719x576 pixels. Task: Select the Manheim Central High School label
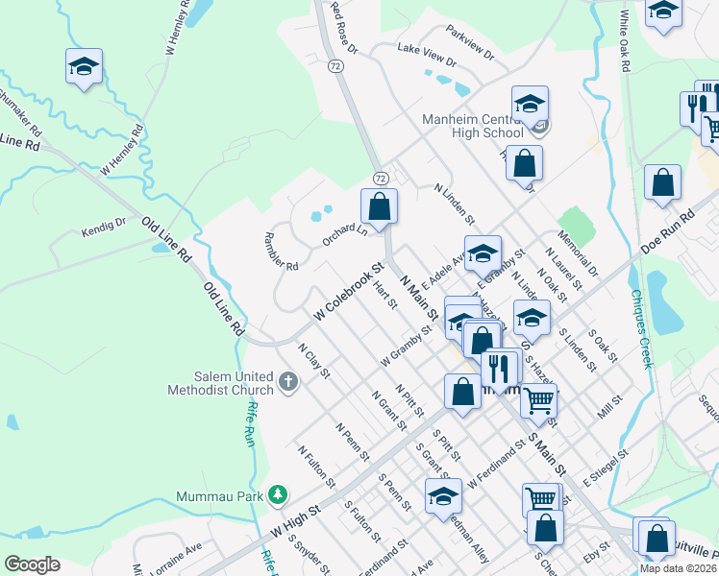(472, 127)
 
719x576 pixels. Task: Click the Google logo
(32, 564)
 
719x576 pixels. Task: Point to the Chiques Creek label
(640, 330)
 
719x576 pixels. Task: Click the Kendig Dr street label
(104, 228)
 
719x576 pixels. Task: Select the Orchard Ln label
(345, 235)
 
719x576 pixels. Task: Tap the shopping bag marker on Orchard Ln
(380, 206)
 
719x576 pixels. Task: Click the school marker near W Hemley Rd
(84, 67)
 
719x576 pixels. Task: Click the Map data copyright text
(678, 568)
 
